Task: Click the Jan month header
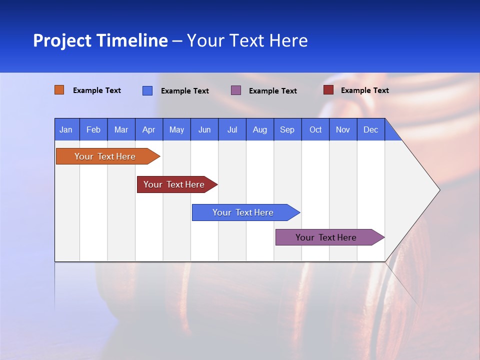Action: click(66, 129)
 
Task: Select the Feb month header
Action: click(93, 129)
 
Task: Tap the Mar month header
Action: click(121, 129)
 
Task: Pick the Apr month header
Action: click(149, 129)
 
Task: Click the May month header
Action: click(176, 129)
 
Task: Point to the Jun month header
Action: click(204, 129)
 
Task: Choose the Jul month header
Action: click(232, 129)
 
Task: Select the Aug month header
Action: click(260, 129)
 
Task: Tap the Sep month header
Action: click(287, 129)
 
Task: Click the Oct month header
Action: click(315, 129)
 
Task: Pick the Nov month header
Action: click(343, 129)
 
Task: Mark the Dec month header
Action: click(371, 129)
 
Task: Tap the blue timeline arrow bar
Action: click(243, 212)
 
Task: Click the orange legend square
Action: click(59, 90)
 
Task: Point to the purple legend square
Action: click(236, 90)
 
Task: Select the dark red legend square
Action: click(328, 90)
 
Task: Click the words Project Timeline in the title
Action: click(100, 40)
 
